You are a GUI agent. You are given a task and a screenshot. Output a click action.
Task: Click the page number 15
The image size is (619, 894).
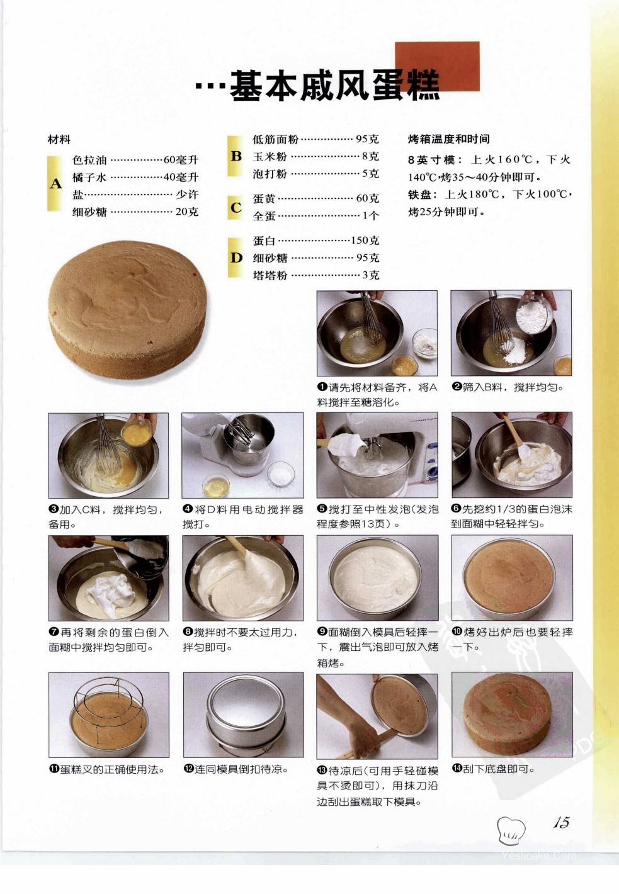(561, 822)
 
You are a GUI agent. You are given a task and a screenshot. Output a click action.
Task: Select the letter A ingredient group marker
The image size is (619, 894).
(56, 184)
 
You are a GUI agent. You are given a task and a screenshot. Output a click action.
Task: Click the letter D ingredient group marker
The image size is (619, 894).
(236, 257)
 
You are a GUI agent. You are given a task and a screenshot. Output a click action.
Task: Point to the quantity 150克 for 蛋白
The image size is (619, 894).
(365, 240)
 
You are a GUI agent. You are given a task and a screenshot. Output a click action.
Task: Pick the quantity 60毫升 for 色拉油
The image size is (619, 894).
(181, 160)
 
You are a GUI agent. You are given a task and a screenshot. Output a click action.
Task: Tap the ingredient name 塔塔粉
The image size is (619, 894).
(270, 275)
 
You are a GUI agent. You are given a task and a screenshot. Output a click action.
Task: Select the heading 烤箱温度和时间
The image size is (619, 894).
(448, 139)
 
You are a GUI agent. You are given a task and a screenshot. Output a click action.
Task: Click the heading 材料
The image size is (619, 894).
(59, 140)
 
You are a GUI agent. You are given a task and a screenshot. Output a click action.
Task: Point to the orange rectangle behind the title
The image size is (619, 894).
(438, 66)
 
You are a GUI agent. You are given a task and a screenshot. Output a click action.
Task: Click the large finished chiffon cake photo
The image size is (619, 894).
(128, 309)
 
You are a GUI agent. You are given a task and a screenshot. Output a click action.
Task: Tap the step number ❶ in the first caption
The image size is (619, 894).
(322, 387)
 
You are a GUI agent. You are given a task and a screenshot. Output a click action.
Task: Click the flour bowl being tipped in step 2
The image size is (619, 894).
(535, 314)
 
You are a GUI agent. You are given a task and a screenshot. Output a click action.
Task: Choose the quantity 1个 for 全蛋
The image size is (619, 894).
(370, 215)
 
